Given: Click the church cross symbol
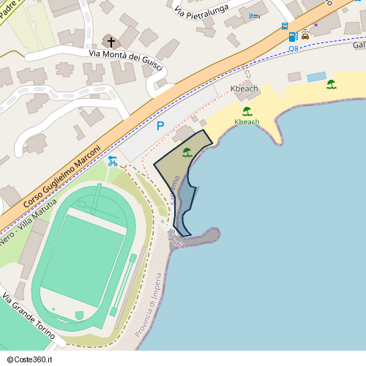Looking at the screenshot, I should click(x=111, y=42).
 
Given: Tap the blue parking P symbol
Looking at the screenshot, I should click(x=160, y=126).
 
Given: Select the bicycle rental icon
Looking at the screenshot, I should click(x=112, y=160).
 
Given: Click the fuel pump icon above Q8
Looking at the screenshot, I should click(x=294, y=36).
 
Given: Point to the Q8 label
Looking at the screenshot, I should click(x=294, y=48).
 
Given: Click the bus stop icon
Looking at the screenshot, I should click(x=284, y=26).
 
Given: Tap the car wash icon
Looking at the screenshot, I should click(x=305, y=34).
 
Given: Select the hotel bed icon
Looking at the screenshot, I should click(x=255, y=15).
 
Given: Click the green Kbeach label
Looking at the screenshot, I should click(x=247, y=122).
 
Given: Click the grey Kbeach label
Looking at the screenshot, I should click(x=244, y=89).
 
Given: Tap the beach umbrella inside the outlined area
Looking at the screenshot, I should click(x=187, y=152).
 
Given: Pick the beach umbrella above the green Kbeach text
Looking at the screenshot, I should click(x=247, y=111).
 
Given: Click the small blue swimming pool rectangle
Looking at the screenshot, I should click(x=316, y=77).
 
